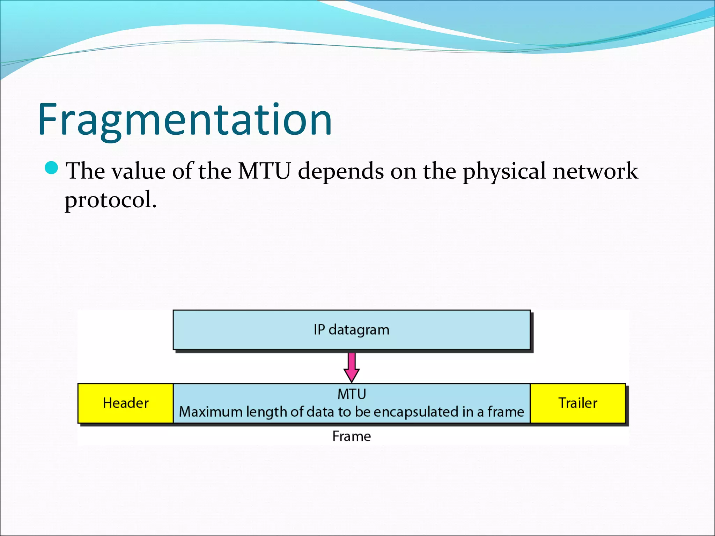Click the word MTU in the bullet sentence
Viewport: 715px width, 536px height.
[x=264, y=171]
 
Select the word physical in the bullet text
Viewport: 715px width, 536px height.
[x=504, y=172]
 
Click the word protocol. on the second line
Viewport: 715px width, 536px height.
[x=111, y=200]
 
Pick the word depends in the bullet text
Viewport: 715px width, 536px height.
[x=341, y=172]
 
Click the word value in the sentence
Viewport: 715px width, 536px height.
[x=138, y=171]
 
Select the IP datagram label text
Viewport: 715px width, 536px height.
[x=351, y=330]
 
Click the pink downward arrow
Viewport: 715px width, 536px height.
[x=352, y=368]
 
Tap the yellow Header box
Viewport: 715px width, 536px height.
[x=126, y=403]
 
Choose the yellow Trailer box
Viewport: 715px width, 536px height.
[x=578, y=403]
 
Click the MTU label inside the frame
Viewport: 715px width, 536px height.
[x=352, y=394]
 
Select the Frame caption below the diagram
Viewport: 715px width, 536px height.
[x=352, y=436]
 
